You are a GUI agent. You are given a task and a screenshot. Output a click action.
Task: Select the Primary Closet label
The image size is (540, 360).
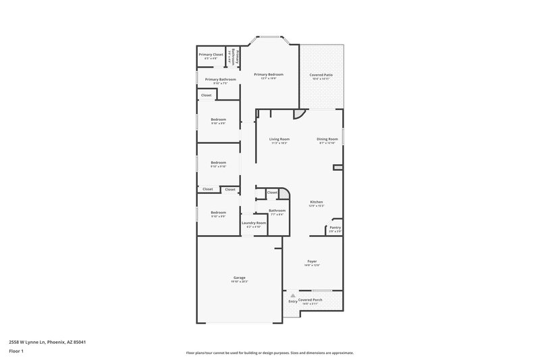[x=211, y=54]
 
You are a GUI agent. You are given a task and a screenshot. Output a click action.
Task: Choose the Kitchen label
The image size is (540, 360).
[x=317, y=202]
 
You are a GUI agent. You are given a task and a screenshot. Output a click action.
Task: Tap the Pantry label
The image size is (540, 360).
[x=335, y=228]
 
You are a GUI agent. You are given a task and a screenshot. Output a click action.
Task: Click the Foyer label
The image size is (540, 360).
[x=312, y=261]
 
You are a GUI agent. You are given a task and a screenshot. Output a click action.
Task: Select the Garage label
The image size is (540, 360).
[x=239, y=278]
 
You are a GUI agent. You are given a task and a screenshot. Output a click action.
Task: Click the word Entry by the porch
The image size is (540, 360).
[x=293, y=301]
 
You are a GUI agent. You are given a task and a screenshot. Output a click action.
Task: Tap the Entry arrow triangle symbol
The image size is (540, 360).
[x=293, y=295]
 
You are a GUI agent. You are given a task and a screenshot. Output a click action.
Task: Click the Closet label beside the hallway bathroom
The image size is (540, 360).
[x=272, y=192]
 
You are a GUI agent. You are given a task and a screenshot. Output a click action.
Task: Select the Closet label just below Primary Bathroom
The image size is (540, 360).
[x=206, y=95]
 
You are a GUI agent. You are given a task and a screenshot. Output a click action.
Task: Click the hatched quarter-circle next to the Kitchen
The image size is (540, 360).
[x=284, y=193]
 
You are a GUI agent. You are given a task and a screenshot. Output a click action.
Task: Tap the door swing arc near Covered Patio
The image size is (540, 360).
[x=300, y=112]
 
